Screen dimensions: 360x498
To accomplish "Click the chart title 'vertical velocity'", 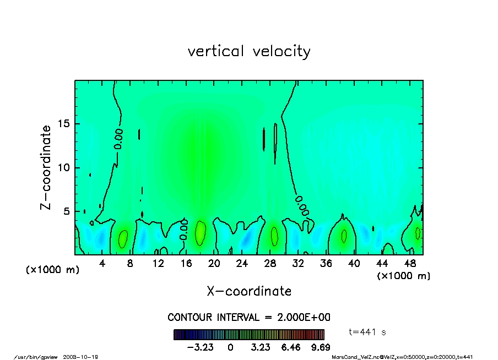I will click(249, 52).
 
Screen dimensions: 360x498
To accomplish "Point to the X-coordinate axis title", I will click(249, 291).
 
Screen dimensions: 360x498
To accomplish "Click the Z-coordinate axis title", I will click(46, 167).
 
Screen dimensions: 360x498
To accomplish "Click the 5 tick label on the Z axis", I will click(67, 211).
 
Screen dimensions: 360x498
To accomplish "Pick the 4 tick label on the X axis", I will click(102, 264).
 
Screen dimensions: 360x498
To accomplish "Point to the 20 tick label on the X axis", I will click(214, 264).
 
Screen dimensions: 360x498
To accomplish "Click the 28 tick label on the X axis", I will click(270, 264).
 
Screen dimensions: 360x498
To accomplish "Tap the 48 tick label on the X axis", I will click(410, 264).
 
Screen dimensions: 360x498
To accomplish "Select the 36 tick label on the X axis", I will click(326, 264).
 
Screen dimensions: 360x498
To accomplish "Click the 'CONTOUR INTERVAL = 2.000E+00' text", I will click(249, 318).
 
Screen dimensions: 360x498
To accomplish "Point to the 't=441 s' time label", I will click(368, 332).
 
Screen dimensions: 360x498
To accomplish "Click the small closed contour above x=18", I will click(201, 233).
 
